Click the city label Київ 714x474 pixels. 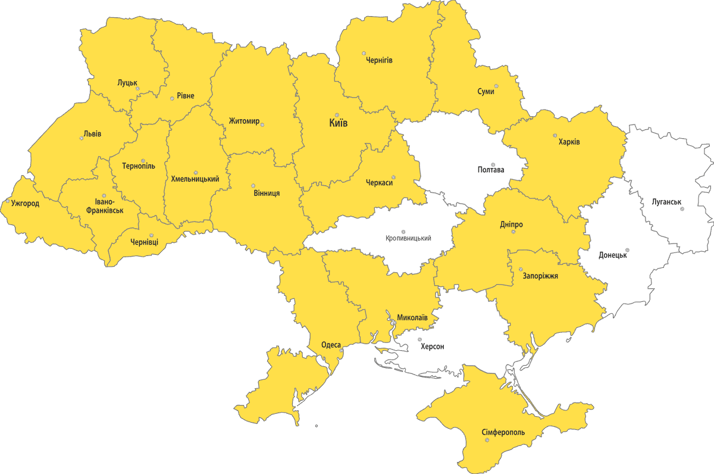click(338, 124)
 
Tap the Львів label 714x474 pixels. click(92, 133)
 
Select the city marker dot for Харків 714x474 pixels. click(555, 135)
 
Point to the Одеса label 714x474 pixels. click(331, 345)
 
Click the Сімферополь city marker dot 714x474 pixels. click(487, 440)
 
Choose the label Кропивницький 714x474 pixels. click(408, 238)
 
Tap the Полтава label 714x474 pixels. click(491, 170)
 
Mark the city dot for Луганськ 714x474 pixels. click(682, 209)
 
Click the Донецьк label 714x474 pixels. click(613, 255)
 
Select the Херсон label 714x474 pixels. click(432, 346)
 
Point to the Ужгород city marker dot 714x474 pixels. click(8, 202)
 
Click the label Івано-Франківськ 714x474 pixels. click(104, 205)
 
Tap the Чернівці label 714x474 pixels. click(145, 242)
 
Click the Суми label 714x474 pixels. click(486, 92)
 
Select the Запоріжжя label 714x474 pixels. click(540, 276)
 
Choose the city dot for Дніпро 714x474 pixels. click(513, 232)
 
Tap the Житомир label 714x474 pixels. click(244, 121)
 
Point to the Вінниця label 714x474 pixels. click(267, 193)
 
